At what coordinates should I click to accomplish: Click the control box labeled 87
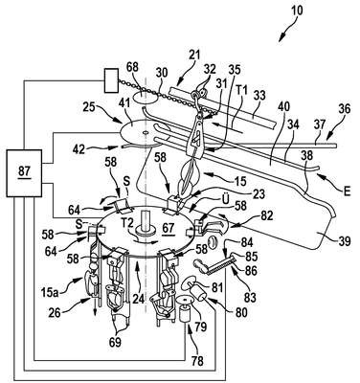24,173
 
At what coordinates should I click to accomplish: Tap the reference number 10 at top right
297,10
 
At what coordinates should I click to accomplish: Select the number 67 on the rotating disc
169,227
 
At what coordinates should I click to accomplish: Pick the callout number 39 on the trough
343,240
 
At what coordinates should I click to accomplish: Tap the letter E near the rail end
347,191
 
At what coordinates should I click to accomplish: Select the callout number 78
196,361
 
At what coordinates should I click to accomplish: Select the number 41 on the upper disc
131,114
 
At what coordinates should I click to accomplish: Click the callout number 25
89,107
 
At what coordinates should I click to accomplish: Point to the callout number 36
344,109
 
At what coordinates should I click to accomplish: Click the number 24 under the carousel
139,299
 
